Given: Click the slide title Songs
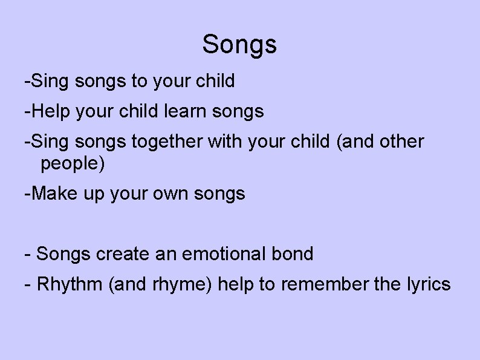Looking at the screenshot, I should click(239, 44).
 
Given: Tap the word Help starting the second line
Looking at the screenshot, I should click(48, 111).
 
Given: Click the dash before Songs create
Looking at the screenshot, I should click(27, 254).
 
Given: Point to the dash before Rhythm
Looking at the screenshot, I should click(27, 284).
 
